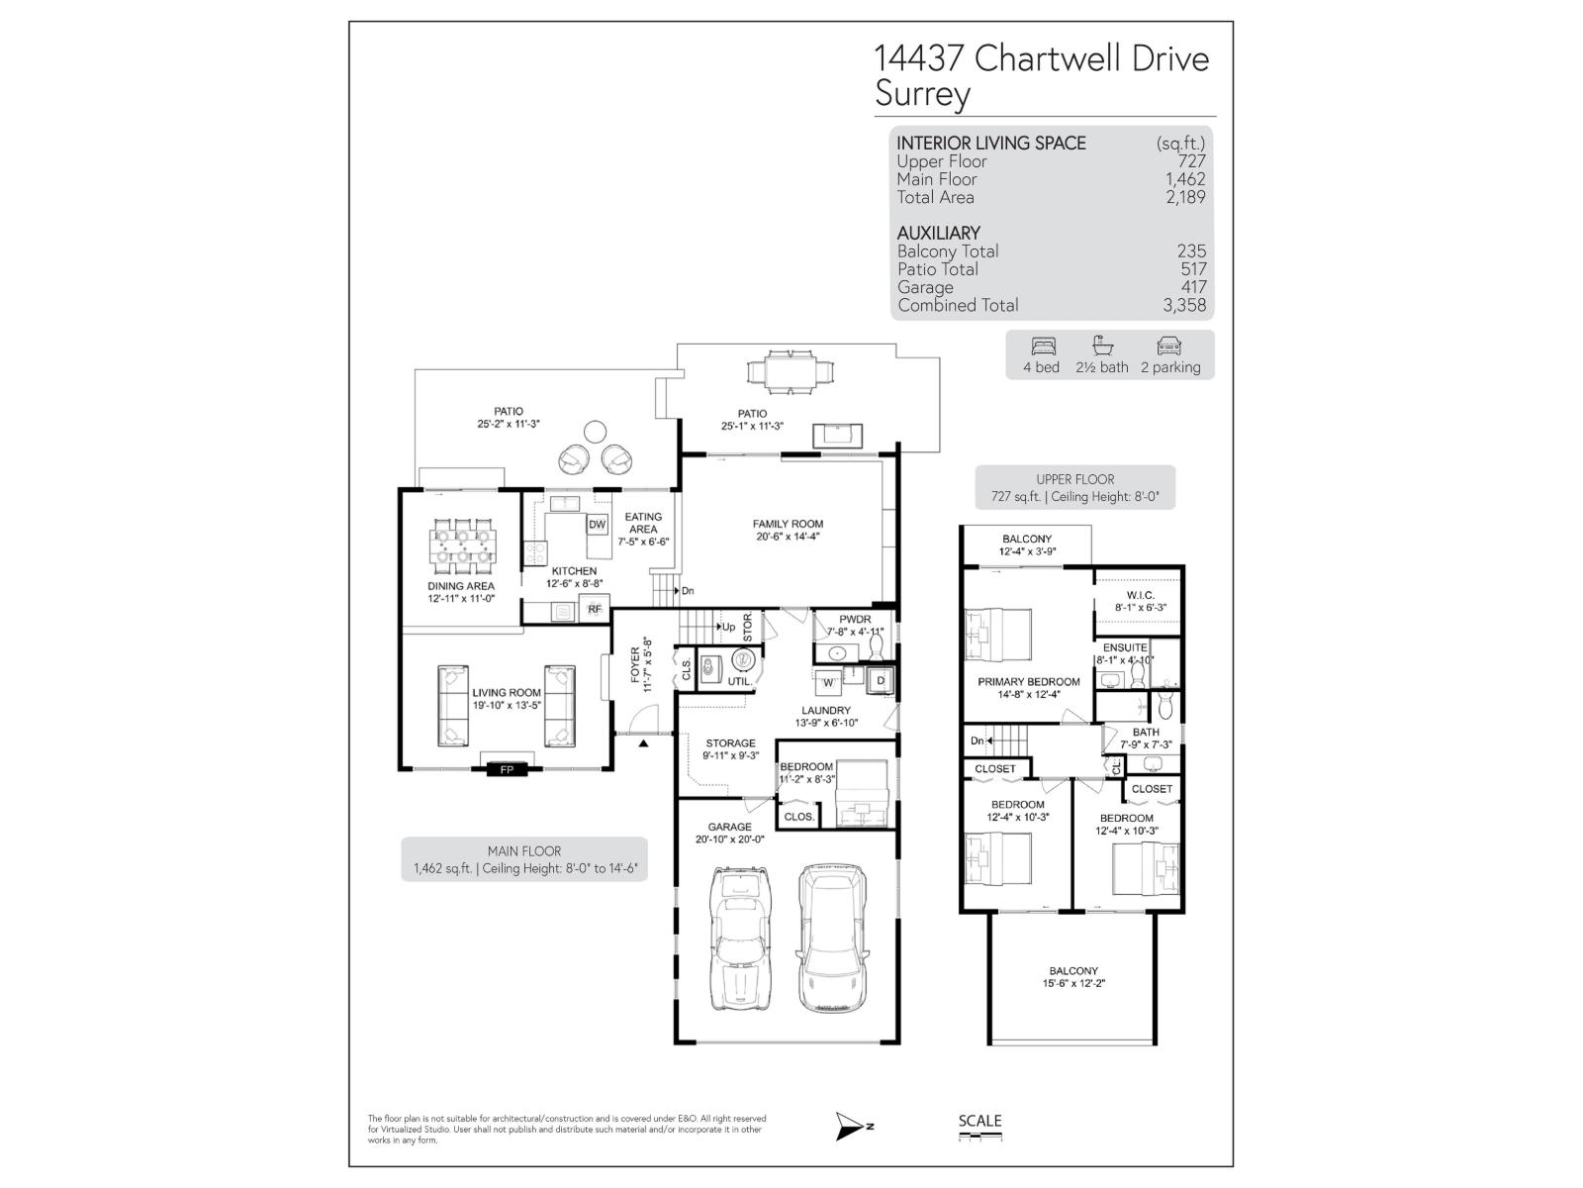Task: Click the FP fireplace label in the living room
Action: [x=507, y=769]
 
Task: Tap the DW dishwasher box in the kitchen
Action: [x=597, y=525]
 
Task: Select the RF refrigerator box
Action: [x=594, y=610]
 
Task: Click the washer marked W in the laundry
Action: [x=828, y=681]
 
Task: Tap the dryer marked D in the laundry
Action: [x=880, y=680]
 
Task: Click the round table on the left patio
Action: [x=594, y=432]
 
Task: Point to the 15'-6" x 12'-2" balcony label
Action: [x=1073, y=977]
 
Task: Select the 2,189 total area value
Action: [x=1185, y=197]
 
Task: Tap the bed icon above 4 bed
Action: [x=1043, y=346]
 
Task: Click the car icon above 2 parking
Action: [x=1168, y=346]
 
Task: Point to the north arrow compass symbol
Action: [x=850, y=1125]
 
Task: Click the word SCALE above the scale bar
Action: [x=979, y=1121]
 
